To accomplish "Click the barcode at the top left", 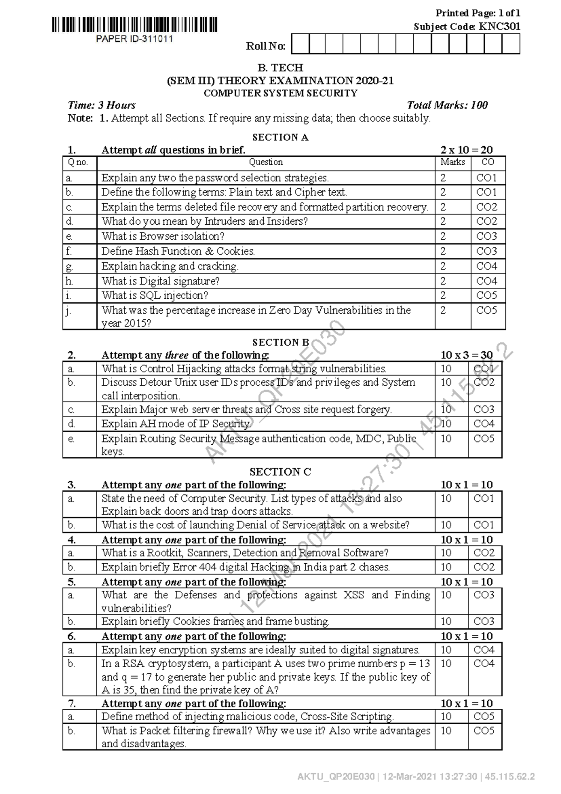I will [x=135, y=24].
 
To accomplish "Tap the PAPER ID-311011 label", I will [x=135, y=39].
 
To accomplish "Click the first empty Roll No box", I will [x=301, y=44].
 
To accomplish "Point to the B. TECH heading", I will [x=280, y=67].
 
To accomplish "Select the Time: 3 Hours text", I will [x=102, y=105].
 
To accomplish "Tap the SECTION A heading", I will [x=280, y=137].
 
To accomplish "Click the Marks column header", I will [x=453, y=162].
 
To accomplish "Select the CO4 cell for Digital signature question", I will [x=486, y=281].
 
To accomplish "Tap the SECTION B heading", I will [x=280, y=342].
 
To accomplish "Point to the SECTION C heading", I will [x=280, y=471].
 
